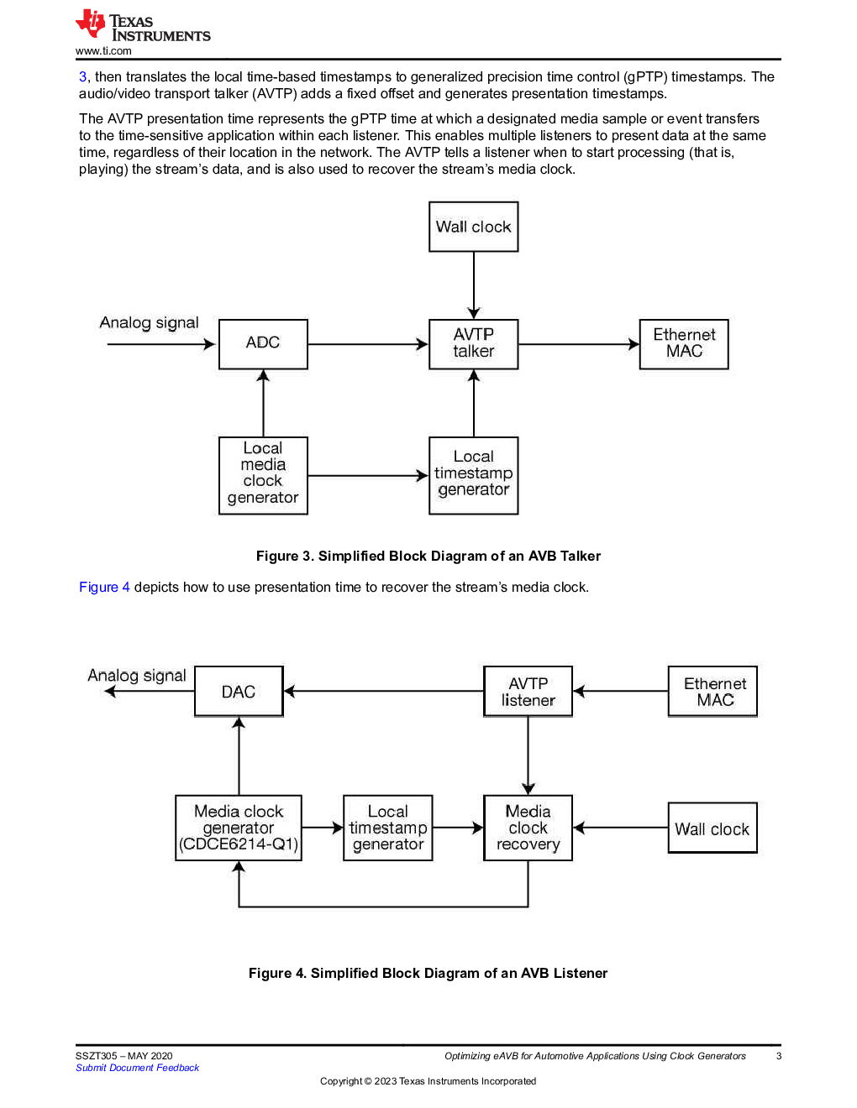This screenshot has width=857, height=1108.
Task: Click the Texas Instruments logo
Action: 143,25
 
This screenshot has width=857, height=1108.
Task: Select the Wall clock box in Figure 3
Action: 473,227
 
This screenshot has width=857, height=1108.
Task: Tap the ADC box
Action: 263,343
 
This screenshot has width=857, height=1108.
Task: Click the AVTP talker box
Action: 473,343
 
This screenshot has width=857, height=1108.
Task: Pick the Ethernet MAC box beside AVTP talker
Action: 684,343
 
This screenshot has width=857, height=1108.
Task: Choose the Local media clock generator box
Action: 263,475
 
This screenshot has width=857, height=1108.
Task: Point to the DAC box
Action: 239,691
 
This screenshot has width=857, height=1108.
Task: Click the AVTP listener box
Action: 528,691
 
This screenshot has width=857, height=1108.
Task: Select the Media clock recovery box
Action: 528,828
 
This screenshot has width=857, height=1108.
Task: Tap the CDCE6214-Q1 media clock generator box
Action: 239,828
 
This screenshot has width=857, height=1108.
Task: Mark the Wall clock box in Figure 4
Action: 712,828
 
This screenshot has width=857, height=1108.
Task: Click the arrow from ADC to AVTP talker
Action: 368,344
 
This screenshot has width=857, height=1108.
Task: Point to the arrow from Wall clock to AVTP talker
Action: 474,285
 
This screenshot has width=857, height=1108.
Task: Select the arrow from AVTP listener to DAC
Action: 384,691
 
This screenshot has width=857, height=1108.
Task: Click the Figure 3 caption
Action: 428,556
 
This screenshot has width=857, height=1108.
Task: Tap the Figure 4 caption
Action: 428,973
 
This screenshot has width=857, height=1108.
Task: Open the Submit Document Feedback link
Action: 137,1068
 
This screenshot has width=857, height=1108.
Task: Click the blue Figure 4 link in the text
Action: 104,587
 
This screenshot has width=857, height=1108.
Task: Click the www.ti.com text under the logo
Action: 103,51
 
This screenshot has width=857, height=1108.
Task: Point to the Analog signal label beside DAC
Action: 137,675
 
